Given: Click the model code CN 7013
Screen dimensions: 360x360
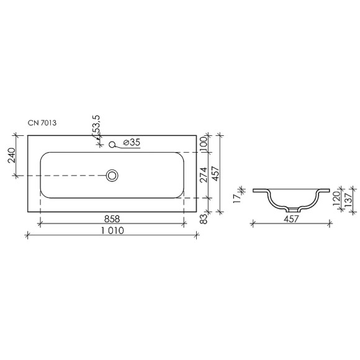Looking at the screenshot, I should click(x=43, y=124).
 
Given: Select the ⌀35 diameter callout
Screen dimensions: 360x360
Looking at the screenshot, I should click(x=132, y=143).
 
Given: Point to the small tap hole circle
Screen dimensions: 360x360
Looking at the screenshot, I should click(x=112, y=145).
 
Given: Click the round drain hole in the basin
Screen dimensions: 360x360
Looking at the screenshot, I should click(x=112, y=176).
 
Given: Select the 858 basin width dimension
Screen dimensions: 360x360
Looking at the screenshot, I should click(x=112, y=219).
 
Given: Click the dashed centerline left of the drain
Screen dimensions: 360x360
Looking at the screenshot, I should click(x=68, y=176).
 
